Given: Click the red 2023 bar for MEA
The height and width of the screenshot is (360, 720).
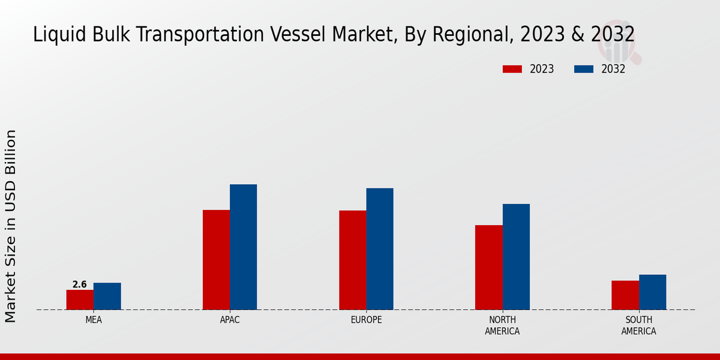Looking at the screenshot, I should [x=80, y=299].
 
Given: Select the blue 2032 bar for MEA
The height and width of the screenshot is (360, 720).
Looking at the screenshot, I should [x=107, y=296].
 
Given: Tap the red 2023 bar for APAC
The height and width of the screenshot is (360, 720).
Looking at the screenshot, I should [x=216, y=259].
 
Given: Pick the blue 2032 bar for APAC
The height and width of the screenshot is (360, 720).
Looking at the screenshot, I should [x=243, y=247].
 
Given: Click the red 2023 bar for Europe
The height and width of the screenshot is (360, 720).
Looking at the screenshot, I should [x=352, y=260].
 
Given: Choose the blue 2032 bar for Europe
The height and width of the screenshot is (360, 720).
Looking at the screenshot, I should [x=380, y=248].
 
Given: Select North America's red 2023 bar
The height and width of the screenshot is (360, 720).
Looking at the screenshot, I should [x=488, y=267].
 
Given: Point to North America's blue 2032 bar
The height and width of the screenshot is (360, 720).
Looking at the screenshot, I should [x=516, y=256].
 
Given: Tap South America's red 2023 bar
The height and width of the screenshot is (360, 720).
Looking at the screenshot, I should [x=625, y=295].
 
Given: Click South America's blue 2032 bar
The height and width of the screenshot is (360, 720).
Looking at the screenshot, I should [x=652, y=292].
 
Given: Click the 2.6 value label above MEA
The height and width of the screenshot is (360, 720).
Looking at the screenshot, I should [x=80, y=284].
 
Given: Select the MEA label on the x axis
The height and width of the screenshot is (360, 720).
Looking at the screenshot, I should [x=94, y=320].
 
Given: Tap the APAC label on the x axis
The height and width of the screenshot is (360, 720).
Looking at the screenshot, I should [x=230, y=320].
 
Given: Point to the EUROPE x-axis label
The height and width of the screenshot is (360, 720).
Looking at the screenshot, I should [x=366, y=320].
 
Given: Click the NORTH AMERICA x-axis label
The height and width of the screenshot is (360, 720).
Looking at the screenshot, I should [x=502, y=325].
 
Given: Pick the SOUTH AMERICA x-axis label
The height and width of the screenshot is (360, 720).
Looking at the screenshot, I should [x=638, y=325].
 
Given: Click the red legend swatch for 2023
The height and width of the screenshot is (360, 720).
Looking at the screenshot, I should [x=512, y=69].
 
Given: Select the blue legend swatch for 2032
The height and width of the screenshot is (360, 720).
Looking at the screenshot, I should [x=583, y=69].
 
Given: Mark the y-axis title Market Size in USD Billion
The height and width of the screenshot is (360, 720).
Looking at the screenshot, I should [x=11, y=226].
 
